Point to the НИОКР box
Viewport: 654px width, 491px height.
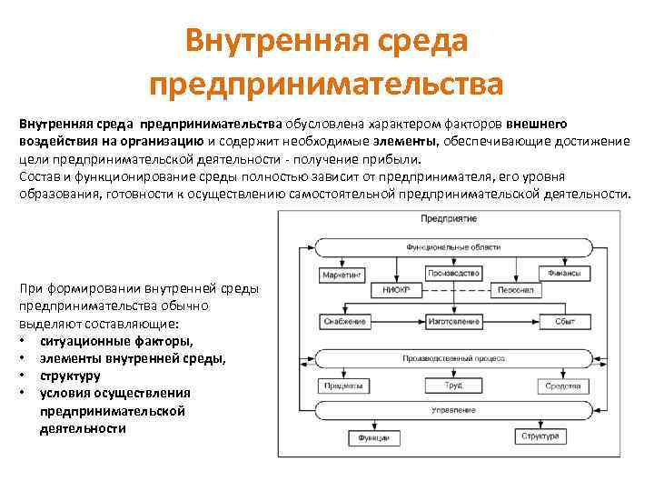[x=397, y=291]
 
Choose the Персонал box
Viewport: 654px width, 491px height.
[x=506, y=291]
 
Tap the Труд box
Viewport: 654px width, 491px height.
[x=451, y=386]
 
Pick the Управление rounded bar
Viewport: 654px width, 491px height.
[x=451, y=409]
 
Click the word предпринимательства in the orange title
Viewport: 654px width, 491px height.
[x=326, y=85]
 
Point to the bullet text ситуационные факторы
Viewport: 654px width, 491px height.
[x=116, y=341]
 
